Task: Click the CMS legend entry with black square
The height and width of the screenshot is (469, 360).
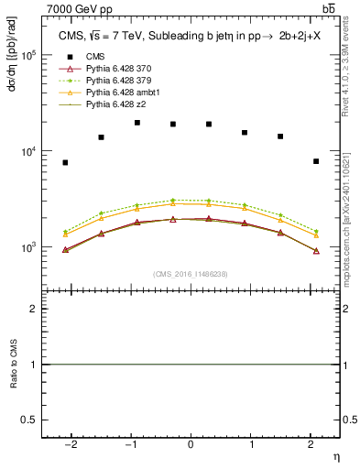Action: [x=98, y=57]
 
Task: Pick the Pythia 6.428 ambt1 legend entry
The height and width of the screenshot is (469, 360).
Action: [x=124, y=93]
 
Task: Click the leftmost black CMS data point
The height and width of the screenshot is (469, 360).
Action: [x=65, y=162]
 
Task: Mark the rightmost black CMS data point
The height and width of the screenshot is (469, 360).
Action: [x=315, y=161]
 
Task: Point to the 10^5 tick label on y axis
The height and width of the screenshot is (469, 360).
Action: [x=27, y=55]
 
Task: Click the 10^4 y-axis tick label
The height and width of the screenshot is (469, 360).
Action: [x=27, y=151]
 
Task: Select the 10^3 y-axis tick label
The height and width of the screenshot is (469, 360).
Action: [x=27, y=247]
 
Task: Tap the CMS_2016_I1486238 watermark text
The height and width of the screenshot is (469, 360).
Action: [x=191, y=274]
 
